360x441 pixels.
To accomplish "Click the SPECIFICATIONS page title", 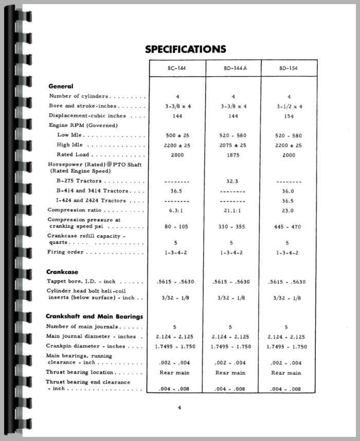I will click(x=185, y=49).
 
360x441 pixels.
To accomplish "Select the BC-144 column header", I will click(x=177, y=67).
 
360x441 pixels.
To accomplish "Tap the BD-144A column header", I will click(x=233, y=67).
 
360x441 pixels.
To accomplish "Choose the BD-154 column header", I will click(x=289, y=67).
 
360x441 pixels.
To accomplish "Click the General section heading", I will click(x=61, y=86).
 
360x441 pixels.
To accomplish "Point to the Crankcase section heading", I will click(x=62, y=272).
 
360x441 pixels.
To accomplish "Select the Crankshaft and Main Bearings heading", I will click(x=94, y=316).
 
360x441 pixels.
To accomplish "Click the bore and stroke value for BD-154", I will click(x=289, y=106).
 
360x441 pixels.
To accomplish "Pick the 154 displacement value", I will click(x=289, y=116).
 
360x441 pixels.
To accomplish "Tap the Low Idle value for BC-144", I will click(x=177, y=135).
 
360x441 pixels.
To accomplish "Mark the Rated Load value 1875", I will click(x=233, y=155).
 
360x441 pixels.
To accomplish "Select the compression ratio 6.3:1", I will click(x=177, y=210).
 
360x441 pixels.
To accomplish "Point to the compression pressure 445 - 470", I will click(x=289, y=227).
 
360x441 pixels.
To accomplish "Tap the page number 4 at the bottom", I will click(x=179, y=408).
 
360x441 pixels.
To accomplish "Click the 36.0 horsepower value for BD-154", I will click(x=289, y=191).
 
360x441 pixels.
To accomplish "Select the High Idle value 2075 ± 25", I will click(x=233, y=146).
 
